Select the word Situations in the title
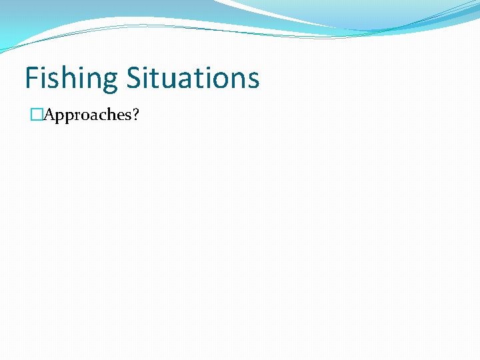(193, 78)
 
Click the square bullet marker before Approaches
(37, 115)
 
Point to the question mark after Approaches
(136, 115)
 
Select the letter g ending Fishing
(111, 81)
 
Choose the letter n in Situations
(237, 79)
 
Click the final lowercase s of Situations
(253, 79)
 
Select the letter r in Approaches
(73, 115)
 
